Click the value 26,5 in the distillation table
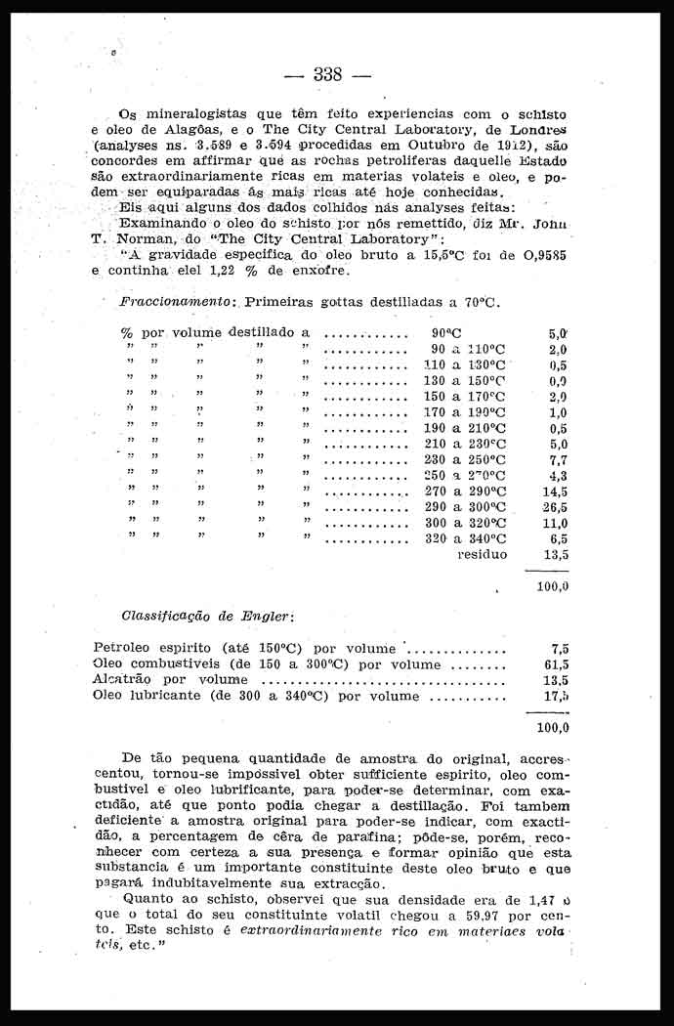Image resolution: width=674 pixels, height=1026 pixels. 554,507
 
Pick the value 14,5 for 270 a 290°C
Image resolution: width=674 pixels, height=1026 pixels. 554,492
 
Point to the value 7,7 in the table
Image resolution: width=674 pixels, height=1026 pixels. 558,459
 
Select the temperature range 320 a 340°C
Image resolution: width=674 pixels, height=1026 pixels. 468,538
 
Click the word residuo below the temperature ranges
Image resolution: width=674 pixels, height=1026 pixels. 482,554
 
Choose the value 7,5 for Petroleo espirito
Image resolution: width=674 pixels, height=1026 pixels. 559,648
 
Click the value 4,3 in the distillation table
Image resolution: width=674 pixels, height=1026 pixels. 558,476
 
